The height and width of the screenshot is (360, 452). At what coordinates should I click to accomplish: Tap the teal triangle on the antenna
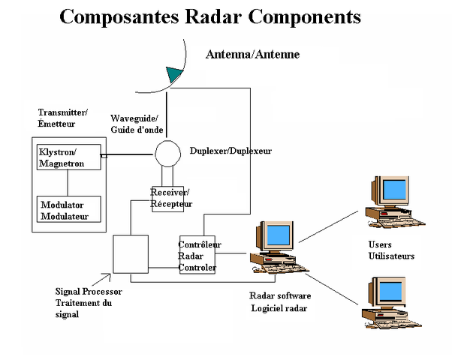[x=175, y=73]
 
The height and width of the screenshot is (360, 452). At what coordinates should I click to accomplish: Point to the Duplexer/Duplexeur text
[x=231, y=151]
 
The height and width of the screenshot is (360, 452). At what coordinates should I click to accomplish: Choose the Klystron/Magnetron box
[x=68, y=157]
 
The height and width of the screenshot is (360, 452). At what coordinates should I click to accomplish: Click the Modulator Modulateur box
[x=68, y=210]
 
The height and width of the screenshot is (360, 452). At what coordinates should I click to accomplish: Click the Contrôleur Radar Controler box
[x=197, y=255]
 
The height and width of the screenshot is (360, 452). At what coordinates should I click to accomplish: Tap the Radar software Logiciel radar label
[x=279, y=301]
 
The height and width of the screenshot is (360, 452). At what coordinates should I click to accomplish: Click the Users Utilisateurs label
[x=391, y=250]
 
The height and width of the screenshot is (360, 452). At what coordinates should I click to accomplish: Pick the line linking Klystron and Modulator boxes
[x=68, y=182]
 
